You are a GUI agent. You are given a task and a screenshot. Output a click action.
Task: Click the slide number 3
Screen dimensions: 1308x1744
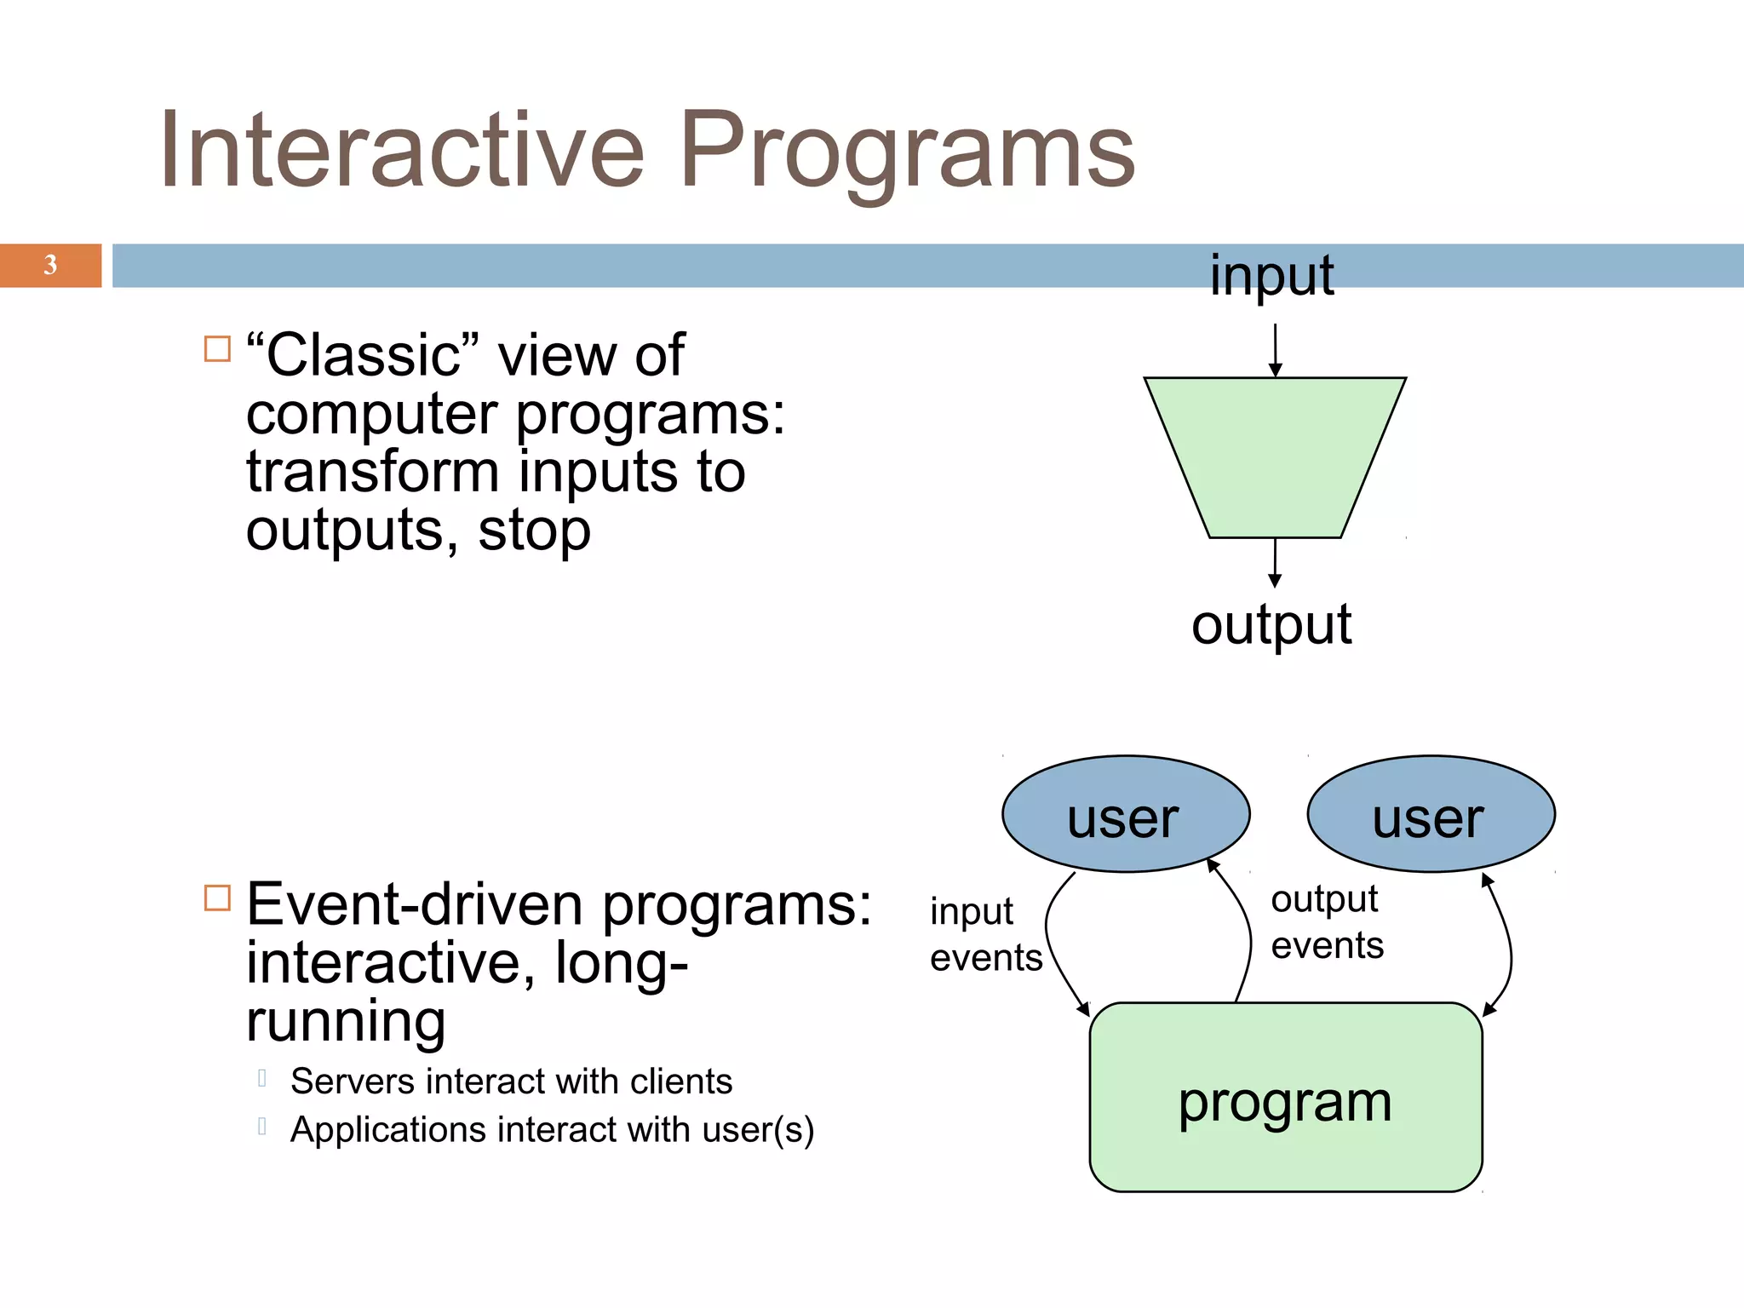[x=50, y=265]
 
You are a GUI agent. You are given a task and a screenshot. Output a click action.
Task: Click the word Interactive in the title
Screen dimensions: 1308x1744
[x=401, y=151]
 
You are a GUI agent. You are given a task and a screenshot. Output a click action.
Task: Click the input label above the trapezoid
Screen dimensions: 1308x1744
[x=1271, y=276]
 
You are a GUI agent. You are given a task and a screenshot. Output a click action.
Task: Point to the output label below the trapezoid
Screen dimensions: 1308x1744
[x=1271, y=625]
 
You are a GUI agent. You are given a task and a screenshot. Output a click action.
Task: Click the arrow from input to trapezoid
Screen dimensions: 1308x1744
[x=1275, y=349]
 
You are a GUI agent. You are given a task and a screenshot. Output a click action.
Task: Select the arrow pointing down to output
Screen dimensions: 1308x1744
[x=1275, y=563]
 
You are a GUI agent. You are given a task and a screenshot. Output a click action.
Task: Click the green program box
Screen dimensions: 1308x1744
[x=1286, y=1099]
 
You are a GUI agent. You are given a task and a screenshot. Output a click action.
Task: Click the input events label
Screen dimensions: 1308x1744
[x=985, y=934]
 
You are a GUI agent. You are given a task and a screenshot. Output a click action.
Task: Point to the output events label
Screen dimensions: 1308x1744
[x=1327, y=922]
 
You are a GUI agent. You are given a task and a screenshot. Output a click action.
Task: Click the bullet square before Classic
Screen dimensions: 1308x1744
[x=218, y=349]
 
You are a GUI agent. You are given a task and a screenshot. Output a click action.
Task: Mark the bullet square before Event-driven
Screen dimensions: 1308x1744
[x=218, y=898]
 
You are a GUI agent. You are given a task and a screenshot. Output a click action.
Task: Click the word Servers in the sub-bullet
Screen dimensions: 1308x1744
[x=352, y=1081]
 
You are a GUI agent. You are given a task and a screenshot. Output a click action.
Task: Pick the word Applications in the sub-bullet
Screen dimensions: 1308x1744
[x=387, y=1130]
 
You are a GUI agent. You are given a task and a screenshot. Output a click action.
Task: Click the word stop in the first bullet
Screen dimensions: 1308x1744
[x=534, y=531]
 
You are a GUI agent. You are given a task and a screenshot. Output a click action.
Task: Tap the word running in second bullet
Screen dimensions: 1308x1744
[x=346, y=1021]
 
